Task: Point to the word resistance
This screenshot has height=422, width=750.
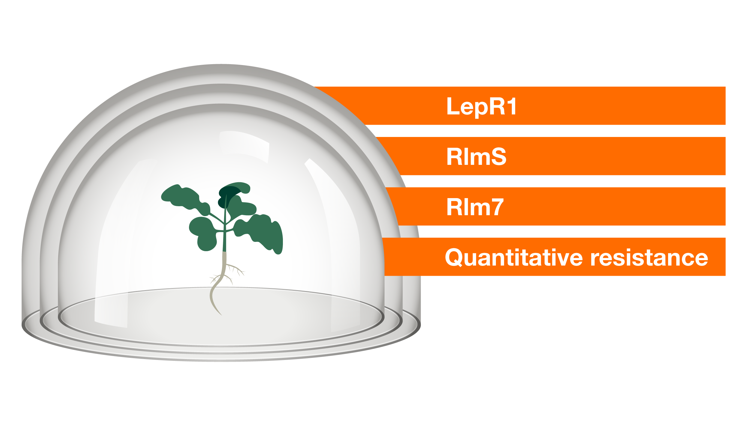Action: point(649,258)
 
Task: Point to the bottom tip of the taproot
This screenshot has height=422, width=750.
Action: point(221,315)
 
